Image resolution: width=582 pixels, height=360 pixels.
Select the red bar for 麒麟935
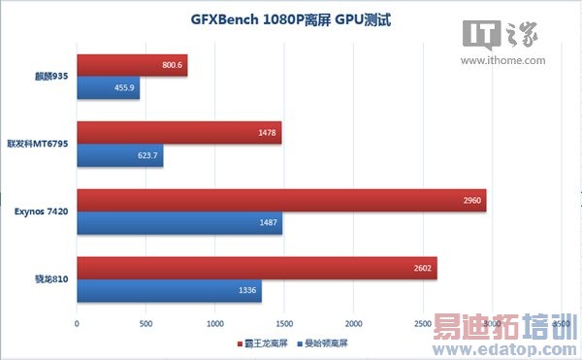tap(132, 66)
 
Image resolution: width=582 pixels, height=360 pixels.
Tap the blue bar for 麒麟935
tap(108, 88)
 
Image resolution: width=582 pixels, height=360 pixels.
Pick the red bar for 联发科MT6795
tap(178, 133)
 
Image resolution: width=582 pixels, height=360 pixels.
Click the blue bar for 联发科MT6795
tap(119, 155)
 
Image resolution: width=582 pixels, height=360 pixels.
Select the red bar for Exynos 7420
tap(281, 201)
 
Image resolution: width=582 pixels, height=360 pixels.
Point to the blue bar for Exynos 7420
tap(179, 223)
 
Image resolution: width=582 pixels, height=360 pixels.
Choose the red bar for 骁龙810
tap(256, 268)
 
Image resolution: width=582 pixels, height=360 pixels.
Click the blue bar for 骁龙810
tap(169, 290)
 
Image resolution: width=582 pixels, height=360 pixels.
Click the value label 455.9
tap(125, 88)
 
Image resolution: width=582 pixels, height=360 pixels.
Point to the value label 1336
tap(246, 290)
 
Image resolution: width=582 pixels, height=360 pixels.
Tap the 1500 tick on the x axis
tap(284, 322)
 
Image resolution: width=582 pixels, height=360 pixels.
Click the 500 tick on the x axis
tap(145, 322)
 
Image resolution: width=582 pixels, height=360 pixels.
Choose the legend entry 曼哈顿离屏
tap(326, 344)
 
